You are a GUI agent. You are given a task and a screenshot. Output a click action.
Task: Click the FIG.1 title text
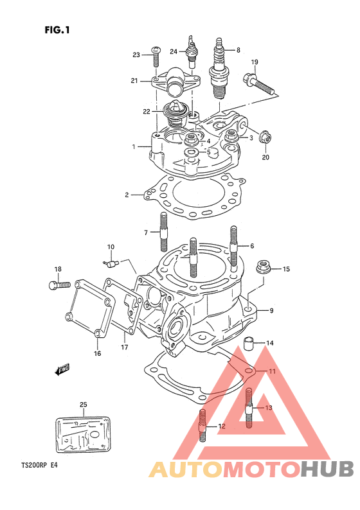pos(57,30)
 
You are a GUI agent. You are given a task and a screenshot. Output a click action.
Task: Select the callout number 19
pos(255,62)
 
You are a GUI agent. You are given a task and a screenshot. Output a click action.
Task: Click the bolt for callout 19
pos(259,83)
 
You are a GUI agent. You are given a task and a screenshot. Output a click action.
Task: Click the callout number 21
pos(134,81)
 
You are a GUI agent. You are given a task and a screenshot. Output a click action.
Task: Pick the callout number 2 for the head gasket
pos(127,195)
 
